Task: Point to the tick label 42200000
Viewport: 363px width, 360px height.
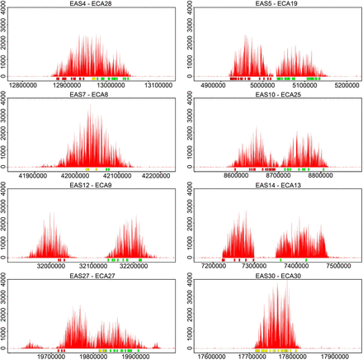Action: [x=158, y=175]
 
